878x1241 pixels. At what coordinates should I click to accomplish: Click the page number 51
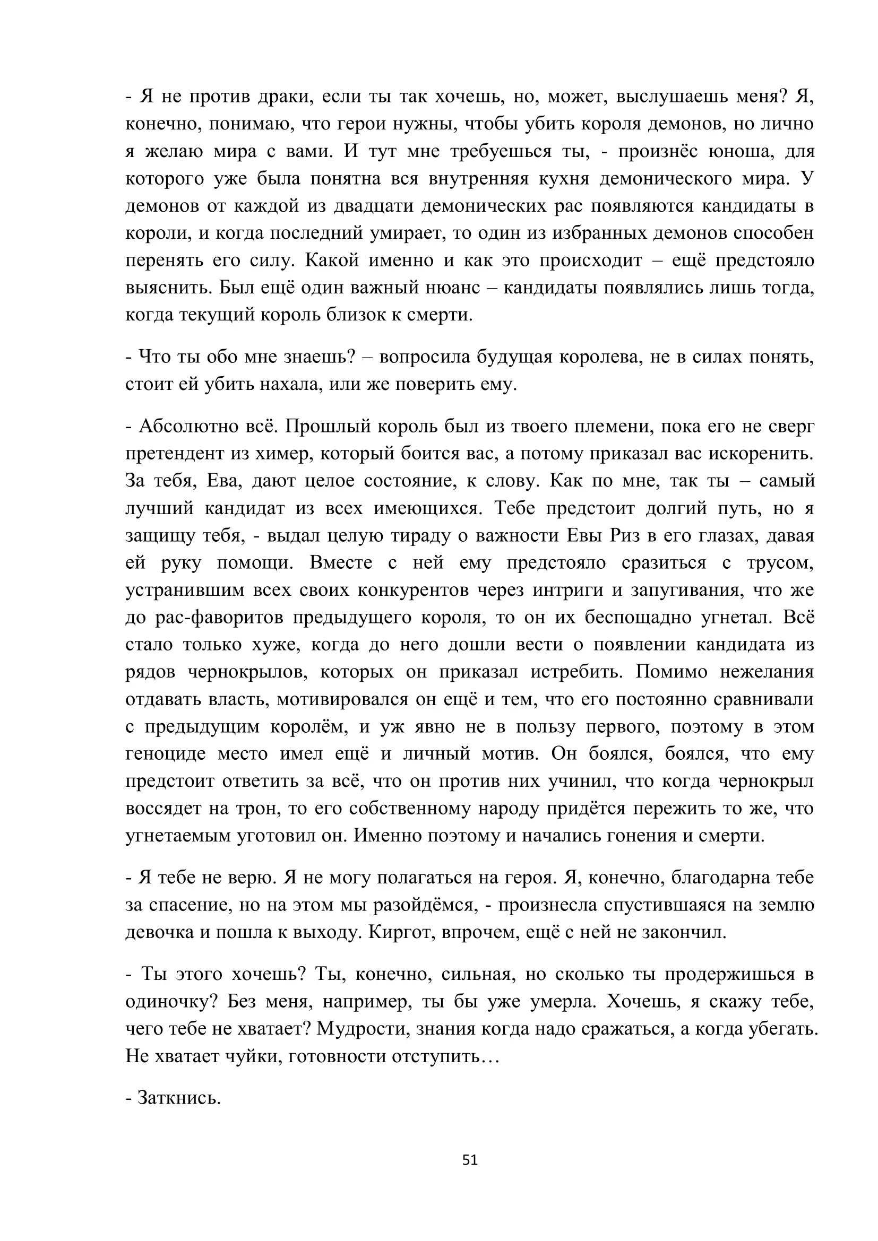coord(470,1160)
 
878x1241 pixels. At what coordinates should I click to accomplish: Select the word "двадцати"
coord(377,206)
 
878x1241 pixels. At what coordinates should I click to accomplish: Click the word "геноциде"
coord(166,753)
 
